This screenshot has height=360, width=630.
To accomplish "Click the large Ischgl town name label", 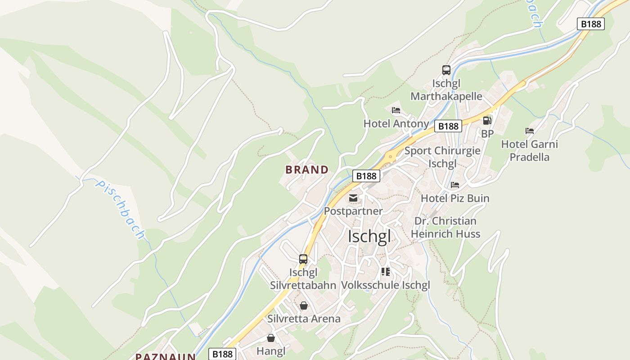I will [x=369, y=236].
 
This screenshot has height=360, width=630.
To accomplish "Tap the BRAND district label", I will [x=307, y=170].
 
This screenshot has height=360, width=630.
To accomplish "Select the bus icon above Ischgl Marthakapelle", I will [x=446, y=70].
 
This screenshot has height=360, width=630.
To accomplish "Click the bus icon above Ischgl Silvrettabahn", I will [x=303, y=259].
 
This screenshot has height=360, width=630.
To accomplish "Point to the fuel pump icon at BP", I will [x=487, y=121].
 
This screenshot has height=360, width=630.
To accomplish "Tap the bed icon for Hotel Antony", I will [x=396, y=110].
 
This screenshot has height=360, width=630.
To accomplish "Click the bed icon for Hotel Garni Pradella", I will [x=530, y=131].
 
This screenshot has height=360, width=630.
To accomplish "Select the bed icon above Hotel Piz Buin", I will [x=455, y=185].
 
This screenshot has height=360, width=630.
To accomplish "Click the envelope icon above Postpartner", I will [x=353, y=198].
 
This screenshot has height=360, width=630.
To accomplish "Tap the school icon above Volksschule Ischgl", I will [x=385, y=271].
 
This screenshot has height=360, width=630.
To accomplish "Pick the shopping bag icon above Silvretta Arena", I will [x=304, y=306].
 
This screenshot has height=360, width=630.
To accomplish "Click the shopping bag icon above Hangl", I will [x=271, y=337].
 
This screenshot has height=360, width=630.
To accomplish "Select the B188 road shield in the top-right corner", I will [x=591, y=24].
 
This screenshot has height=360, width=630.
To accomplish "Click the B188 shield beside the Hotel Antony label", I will [x=448, y=126].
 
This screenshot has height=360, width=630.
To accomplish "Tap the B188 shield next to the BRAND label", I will [x=366, y=176].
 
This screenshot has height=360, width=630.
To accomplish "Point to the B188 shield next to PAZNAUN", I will [x=222, y=354].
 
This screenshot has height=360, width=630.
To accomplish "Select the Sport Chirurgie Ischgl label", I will [x=442, y=157].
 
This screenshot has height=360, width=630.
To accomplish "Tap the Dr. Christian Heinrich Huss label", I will [x=445, y=227].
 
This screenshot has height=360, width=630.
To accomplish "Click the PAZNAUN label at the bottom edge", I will [x=166, y=356].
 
